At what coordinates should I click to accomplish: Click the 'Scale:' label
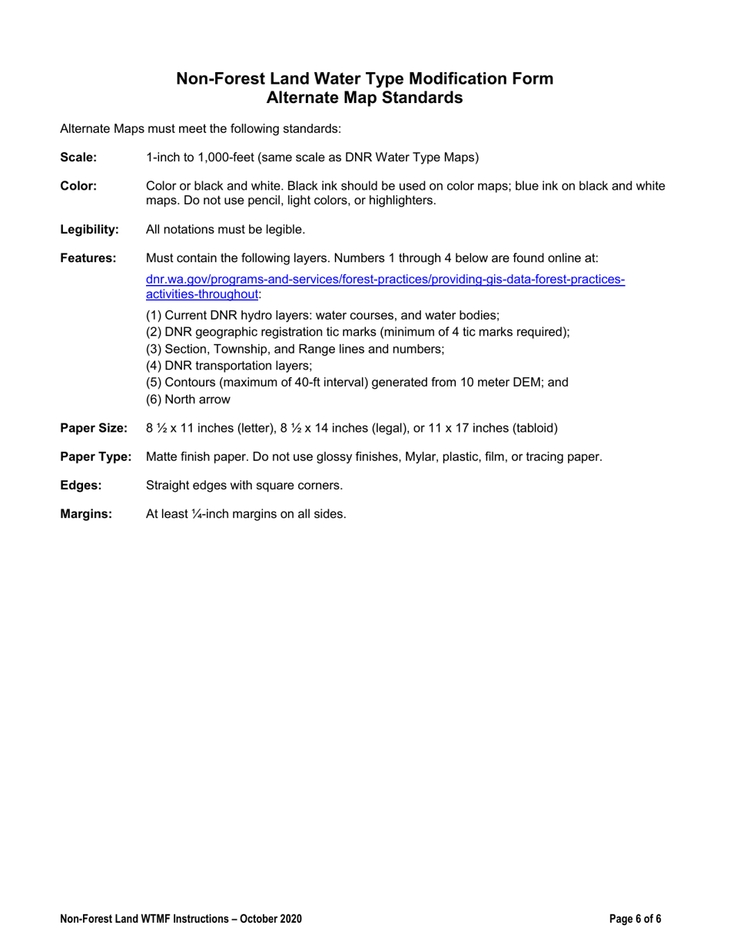78,158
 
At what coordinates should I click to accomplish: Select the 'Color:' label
78,186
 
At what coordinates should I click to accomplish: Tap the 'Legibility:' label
89,229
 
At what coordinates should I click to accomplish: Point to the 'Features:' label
88,258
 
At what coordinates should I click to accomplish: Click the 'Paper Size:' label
93,428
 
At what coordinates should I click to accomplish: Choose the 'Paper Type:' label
95,457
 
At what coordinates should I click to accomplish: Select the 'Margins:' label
86,515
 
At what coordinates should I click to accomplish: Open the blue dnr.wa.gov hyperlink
384,280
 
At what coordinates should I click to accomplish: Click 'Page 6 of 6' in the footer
635,919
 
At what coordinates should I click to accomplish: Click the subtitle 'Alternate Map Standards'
364,98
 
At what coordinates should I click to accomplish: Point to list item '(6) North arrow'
187,399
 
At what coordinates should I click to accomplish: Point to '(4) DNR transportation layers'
228,365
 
